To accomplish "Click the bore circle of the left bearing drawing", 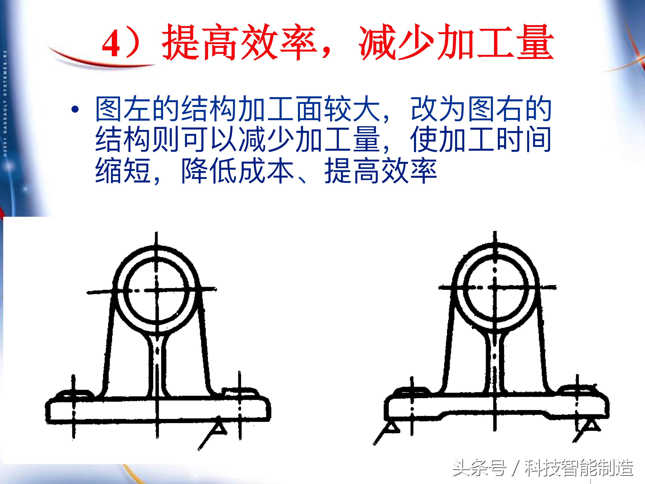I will (x=157, y=290).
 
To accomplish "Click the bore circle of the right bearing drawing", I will (x=495, y=287).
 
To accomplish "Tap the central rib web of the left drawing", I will (x=157, y=365).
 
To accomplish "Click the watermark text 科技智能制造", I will (x=579, y=468).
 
